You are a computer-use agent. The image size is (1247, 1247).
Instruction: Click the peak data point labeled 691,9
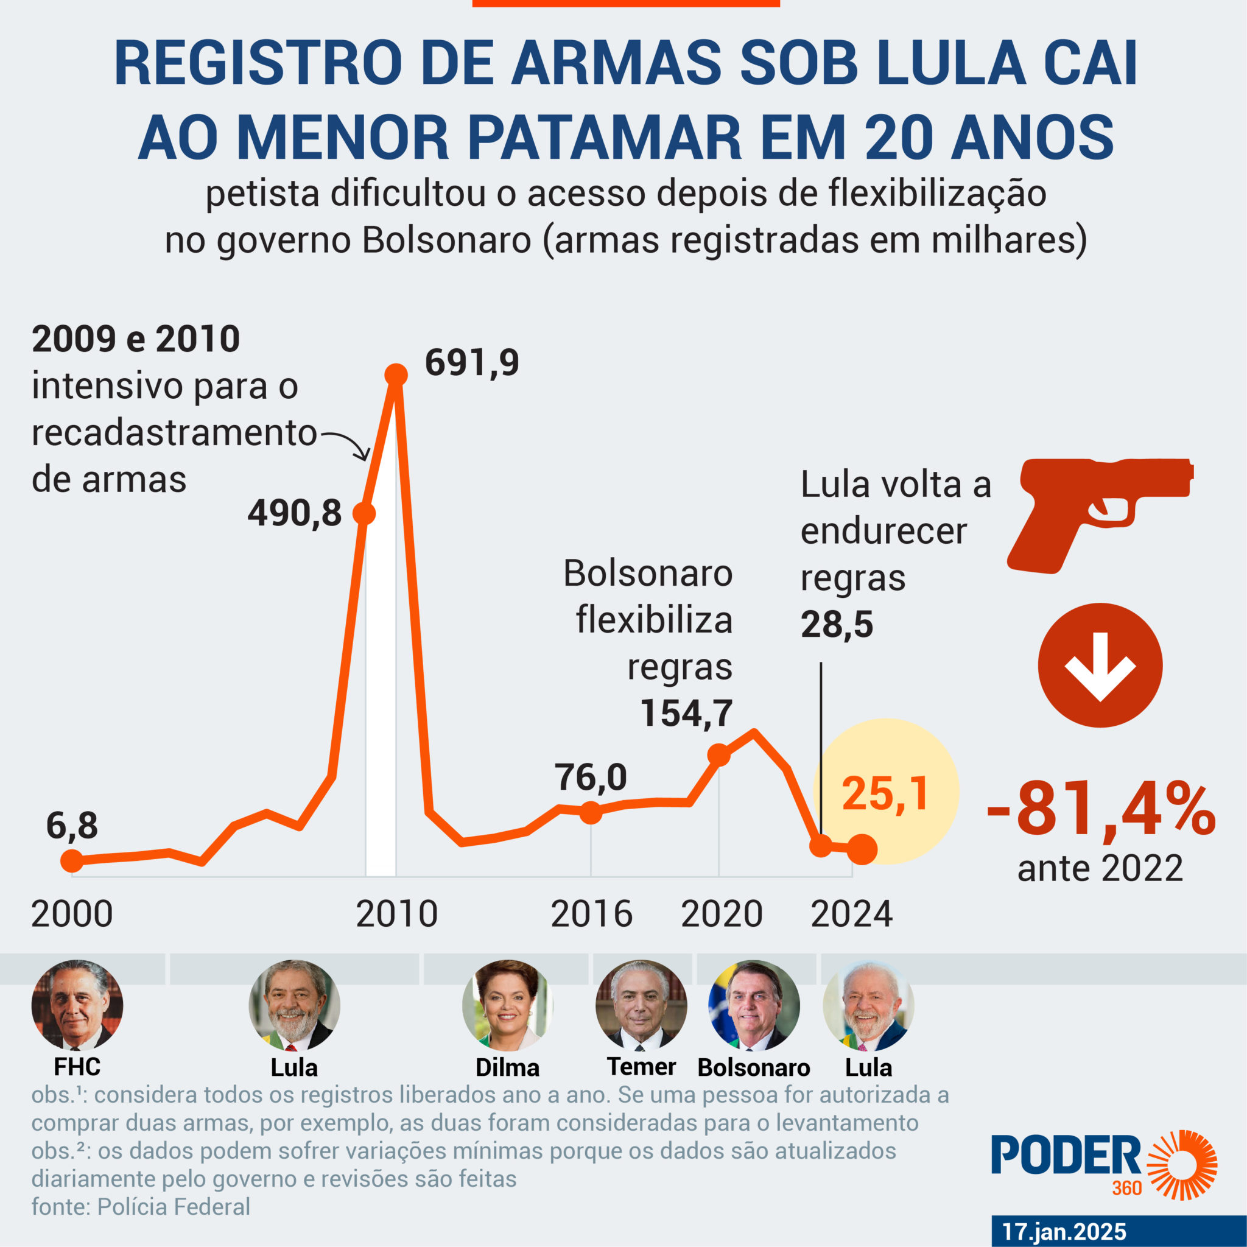click(396, 374)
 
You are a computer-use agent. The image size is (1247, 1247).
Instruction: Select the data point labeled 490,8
click(364, 514)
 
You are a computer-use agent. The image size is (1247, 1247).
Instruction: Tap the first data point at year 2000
click(72, 860)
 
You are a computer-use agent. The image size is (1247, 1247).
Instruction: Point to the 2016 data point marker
click(591, 812)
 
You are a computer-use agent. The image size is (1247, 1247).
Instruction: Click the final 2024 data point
click(863, 849)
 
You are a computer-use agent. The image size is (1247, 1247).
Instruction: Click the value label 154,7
click(686, 713)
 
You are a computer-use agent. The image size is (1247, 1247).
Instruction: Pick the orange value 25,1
click(885, 794)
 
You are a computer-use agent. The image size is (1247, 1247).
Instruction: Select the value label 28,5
click(837, 624)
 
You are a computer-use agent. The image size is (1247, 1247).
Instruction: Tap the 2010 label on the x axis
click(396, 914)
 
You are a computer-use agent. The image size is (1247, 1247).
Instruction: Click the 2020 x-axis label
click(722, 914)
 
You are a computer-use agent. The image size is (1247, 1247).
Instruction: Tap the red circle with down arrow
click(1100, 665)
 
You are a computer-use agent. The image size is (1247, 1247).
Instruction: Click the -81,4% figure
click(1100, 810)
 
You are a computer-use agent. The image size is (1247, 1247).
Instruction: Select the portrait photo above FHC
click(77, 1005)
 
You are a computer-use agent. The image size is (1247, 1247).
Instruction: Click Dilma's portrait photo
click(507, 1005)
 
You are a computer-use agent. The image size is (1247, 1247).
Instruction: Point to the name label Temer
click(641, 1067)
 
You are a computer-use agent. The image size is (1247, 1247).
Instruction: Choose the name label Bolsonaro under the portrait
click(753, 1067)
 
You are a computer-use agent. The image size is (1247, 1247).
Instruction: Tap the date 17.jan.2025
click(1064, 1232)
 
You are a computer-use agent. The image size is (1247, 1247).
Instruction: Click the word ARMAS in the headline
click(616, 63)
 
